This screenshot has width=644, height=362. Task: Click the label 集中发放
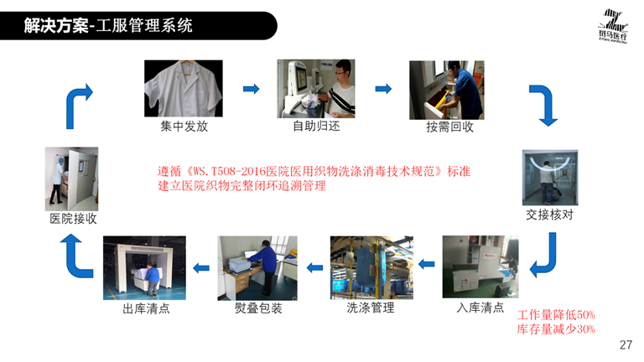point(184,126)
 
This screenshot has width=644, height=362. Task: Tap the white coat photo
point(183,88)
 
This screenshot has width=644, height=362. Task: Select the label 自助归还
point(316,126)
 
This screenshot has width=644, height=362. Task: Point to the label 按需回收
point(449,127)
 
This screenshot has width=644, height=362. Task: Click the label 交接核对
point(549,215)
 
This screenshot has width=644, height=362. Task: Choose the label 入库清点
point(480,308)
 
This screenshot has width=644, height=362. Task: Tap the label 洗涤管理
point(371,308)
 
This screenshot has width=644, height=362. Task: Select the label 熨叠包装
point(258,308)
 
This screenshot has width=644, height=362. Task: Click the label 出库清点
point(146,308)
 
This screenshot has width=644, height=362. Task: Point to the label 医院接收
point(73,219)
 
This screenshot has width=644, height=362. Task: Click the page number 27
point(626,344)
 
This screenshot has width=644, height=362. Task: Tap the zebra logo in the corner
point(612,26)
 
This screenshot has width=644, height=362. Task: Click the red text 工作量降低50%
point(556,315)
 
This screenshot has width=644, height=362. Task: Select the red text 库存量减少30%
point(556,329)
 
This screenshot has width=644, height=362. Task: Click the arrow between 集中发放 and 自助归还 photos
point(251,89)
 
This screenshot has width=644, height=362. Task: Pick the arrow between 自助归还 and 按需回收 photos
point(383,89)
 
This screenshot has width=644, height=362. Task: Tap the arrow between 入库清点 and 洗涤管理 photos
point(426,264)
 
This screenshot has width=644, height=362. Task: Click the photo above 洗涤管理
point(371,267)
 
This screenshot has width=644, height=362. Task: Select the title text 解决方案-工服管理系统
point(108,25)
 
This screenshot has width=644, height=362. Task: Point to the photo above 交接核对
point(550,178)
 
